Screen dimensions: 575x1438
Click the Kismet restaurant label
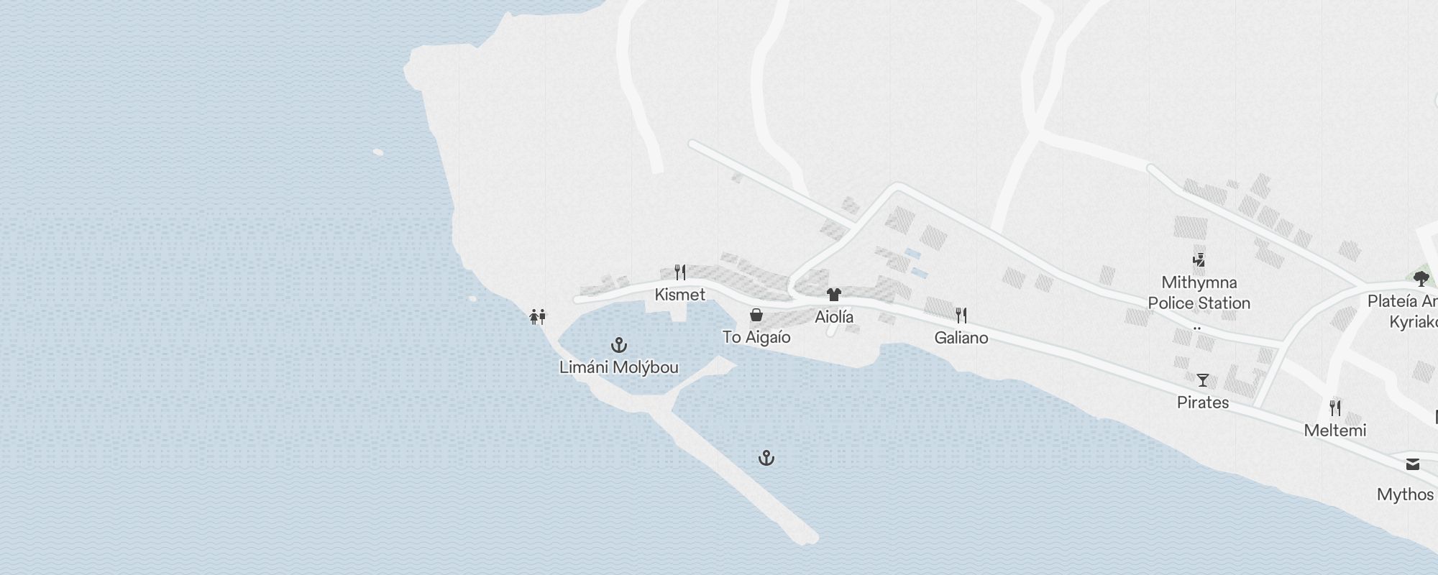pos(680,295)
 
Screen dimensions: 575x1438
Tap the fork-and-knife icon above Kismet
pos(680,272)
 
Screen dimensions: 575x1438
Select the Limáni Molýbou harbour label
pos(619,367)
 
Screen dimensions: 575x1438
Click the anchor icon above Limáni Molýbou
pos(619,345)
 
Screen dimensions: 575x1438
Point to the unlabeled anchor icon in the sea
pos(766,458)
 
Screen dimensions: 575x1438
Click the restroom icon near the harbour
pos(537,316)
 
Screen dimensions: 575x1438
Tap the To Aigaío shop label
pos(756,337)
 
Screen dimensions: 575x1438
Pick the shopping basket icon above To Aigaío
pos(756,315)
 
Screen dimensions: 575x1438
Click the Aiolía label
pos(834,317)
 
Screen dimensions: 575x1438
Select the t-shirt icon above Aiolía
pos(834,294)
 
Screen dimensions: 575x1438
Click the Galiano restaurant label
pos(961,338)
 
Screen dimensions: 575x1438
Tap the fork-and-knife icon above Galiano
pos(961,315)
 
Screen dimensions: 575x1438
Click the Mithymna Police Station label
pos(1199,293)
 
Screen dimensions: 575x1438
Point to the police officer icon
pos(1199,259)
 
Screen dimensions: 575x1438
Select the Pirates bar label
pos(1203,402)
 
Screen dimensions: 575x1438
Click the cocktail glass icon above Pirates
pos(1203,379)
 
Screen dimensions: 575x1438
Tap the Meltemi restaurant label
pos(1335,431)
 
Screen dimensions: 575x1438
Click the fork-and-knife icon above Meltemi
pos(1335,408)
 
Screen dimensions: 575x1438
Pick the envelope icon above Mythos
pos(1413,464)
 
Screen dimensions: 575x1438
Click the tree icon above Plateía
pos(1421,278)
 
